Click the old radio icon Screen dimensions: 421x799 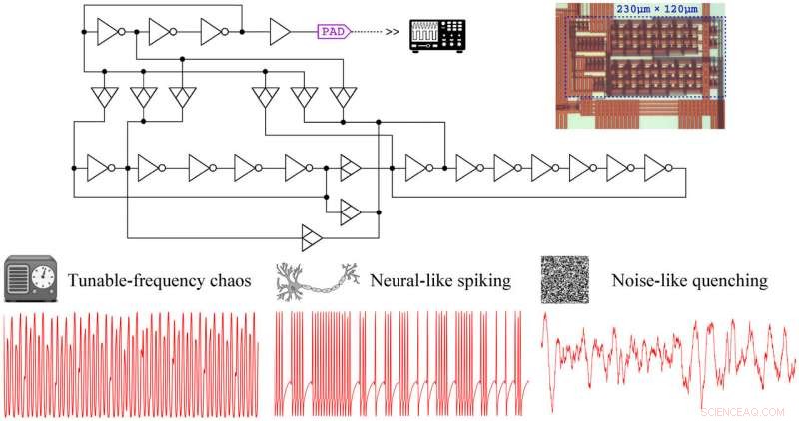(29, 280)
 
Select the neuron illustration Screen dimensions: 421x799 (317, 282)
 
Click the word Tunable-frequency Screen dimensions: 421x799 (137, 282)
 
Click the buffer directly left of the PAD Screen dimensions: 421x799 (280, 32)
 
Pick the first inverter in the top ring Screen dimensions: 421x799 (108, 32)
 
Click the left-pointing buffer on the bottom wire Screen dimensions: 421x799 (312, 237)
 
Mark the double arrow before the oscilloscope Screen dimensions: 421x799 (393, 33)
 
